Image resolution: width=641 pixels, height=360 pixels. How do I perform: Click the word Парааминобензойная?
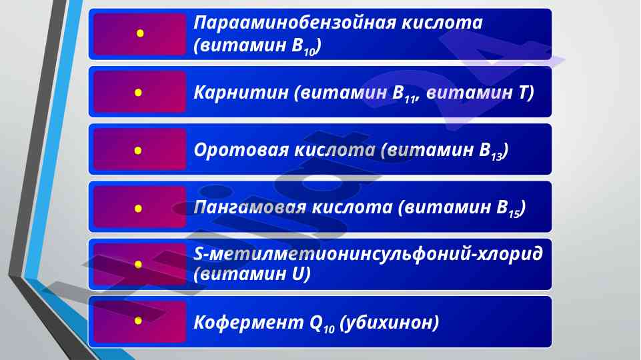(294, 23)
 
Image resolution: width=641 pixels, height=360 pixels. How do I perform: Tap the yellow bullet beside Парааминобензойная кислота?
(140, 33)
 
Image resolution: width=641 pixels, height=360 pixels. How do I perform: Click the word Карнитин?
(241, 93)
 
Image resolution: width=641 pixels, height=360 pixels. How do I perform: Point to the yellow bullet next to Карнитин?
(138, 93)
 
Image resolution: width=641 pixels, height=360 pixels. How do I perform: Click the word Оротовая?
(241, 150)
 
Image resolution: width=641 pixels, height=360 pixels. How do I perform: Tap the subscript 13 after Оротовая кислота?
(496, 156)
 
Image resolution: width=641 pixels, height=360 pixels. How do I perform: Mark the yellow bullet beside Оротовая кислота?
(138, 151)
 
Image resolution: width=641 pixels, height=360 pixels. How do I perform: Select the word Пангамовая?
(249, 207)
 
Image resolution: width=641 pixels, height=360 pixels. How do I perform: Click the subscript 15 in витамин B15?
(514, 213)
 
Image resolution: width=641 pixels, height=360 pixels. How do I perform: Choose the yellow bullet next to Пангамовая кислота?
(138, 209)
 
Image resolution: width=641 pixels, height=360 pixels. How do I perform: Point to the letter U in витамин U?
(298, 273)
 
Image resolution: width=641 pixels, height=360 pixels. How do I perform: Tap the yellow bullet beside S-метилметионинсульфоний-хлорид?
(138, 265)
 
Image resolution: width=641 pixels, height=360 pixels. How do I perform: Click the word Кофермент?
(249, 323)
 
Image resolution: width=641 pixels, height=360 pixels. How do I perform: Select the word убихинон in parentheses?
(390, 323)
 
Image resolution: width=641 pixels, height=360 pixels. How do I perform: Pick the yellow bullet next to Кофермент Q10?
(138, 321)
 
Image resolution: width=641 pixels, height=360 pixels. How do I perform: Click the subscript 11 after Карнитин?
(409, 98)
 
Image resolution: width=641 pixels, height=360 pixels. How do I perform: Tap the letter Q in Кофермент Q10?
(316, 323)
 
